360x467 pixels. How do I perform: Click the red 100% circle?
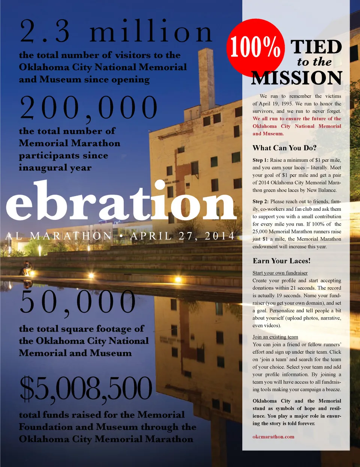tap(255, 47)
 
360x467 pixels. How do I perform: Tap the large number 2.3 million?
tap(116, 32)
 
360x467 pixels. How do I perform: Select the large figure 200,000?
tap(89, 108)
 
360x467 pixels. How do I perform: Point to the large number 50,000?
tap(78, 302)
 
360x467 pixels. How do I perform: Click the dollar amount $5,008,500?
tap(86, 389)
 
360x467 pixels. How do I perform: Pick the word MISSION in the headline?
tap(297, 78)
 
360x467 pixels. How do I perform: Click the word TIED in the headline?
tap(316, 47)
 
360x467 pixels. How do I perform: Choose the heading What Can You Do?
tap(284, 148)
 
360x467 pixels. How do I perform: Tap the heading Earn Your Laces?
tap(281, 261)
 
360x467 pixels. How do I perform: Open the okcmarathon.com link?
tap(273, 437)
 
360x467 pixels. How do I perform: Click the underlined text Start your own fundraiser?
tap(280, 273)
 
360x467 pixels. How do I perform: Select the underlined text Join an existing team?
tap(275, 337)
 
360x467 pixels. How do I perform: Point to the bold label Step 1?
tap(260, 160)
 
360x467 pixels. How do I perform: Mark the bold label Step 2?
tap(260, 201)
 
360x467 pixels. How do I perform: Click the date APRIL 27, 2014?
tap(183, 236)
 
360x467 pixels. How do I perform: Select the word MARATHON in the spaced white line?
tap(71, 236)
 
